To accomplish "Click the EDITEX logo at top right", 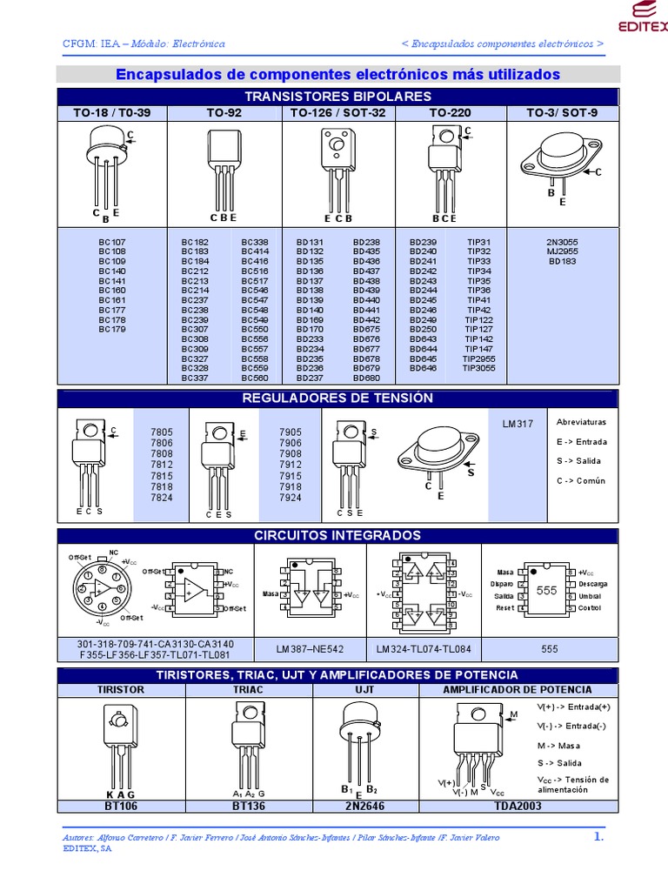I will pyautogui.click(x=643, y=17).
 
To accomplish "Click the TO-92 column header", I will pyautogui.click(x=224, y=113).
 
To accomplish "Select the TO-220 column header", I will pyautogui.click(x=450, y=113).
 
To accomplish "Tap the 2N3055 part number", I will pyautogui.click(x=562, y=242).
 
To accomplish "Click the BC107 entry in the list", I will pyautogui.click(x=111, y=242).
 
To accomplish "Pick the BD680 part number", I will pyautogui.click(x=366, y=378).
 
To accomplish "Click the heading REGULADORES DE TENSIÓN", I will pyautogui.click(x=338, y=398).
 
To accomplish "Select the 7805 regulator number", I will pyautogui.click(x=162, y=432).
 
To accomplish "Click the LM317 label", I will pyautogui.click(x=516, y=424).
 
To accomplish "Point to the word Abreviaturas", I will pyautogui.click(x=581, y=422).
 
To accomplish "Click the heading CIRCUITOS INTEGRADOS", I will pyautogui.click(x=338, y=535).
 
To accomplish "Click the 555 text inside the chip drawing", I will pyautogui.click(x=546, y=590).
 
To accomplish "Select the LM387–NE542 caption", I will pyautogui.click(x=311, y=649).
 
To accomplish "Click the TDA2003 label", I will pyautogui.click(x=518, y=806).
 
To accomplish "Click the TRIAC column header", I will pyautogui.click(x=247, y=689).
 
